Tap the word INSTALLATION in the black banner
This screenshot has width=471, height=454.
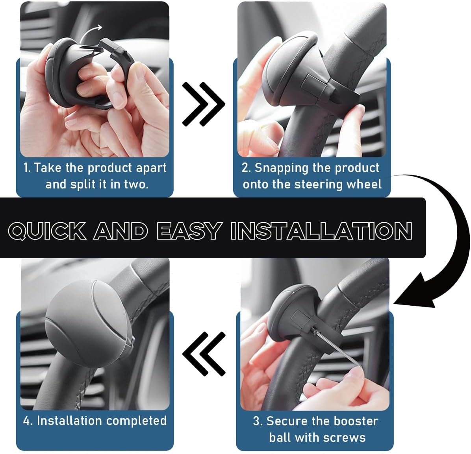pyautogui.click(x=321, y=231)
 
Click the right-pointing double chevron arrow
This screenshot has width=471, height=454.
pyautogui.click(x=203, y=104)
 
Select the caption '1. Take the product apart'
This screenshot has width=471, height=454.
pyautogui.click(x=95, y=168)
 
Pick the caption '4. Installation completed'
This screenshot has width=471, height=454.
pyautogui.click(x=95, y=421)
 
